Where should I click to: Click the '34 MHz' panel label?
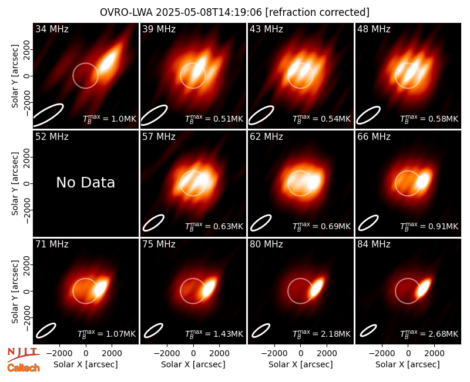[52, 29]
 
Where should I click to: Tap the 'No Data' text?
[86, 182]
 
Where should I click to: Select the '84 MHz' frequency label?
[374, 244]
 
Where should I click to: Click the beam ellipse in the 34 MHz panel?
[48, 115]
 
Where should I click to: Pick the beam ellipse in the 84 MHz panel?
[368, 331]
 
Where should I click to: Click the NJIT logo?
[23, 354]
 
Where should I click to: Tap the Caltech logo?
[23, 368]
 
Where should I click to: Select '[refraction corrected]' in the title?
[317, 12]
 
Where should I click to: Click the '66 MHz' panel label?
[374, 137]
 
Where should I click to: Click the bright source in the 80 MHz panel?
[317, 287]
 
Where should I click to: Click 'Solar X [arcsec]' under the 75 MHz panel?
[193, 364]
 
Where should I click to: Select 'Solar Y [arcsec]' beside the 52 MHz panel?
[15, 183]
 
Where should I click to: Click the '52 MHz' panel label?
[52, 137]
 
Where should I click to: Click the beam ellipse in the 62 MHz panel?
[261, 223]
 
